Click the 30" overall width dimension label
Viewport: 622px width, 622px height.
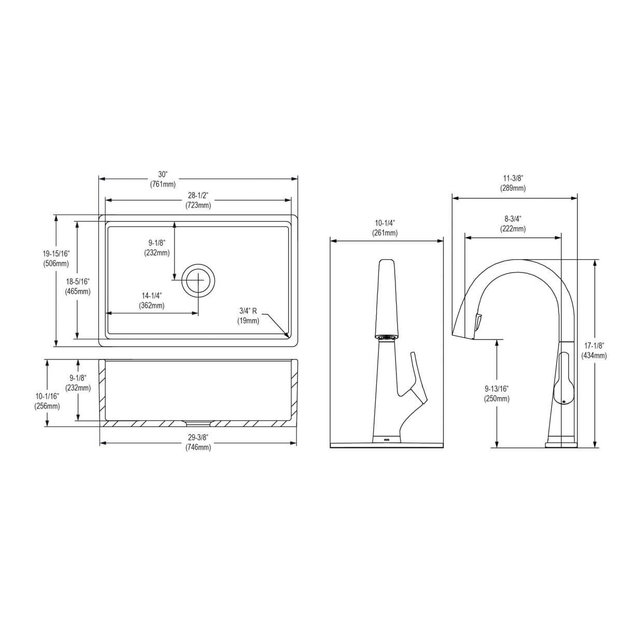163,179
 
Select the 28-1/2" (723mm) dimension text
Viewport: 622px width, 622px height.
198,200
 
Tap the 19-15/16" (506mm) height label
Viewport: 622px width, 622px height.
56,258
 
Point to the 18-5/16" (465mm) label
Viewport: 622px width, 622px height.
78,286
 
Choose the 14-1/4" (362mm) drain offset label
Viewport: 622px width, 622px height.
152,300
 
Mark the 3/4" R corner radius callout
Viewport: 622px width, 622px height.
249,316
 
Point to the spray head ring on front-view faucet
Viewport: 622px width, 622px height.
385,337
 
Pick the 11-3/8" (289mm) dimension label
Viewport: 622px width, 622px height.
513,183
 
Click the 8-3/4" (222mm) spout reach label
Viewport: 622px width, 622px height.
513,223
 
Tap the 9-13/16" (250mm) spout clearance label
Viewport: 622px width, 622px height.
497,393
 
